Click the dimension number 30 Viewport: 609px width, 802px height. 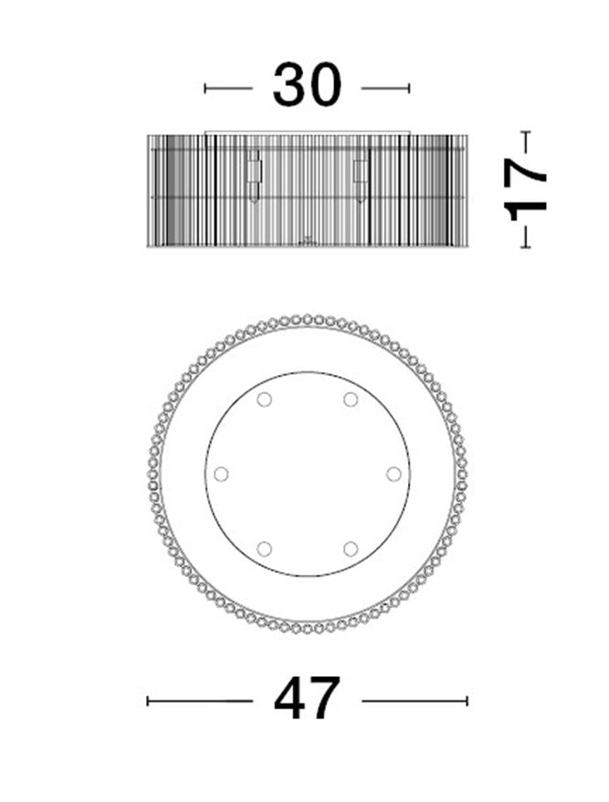coord(307,85)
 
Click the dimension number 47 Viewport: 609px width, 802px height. coord(307,698)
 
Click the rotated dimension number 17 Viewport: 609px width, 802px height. coord(525,189)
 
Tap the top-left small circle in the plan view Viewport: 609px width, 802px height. coord(264,399)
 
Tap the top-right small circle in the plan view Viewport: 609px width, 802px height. coord(351,399)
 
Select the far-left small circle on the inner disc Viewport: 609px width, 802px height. coord(221,474)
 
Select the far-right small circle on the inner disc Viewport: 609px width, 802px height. coord(394,474)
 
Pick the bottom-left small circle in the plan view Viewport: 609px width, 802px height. coord(264,549)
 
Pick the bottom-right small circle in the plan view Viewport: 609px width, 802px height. coord(351,549)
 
